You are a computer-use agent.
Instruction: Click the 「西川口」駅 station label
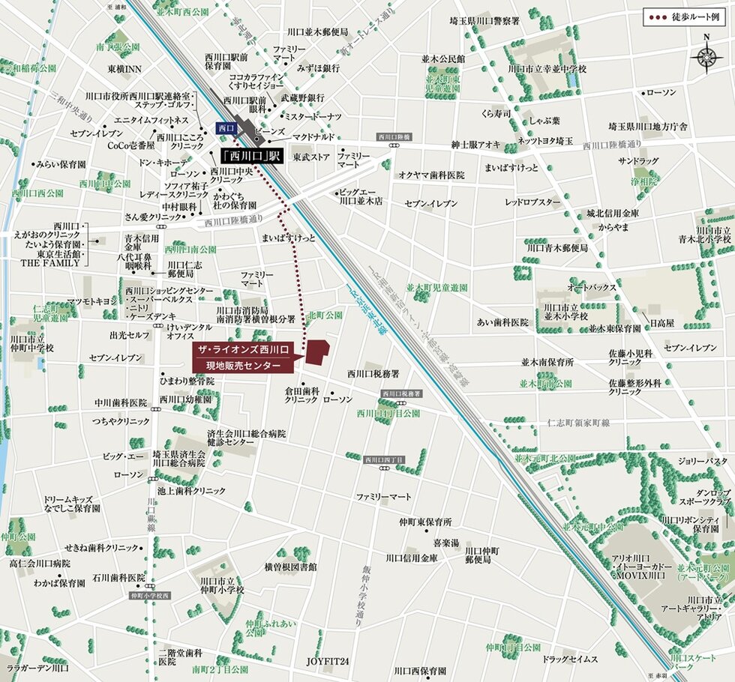point(250,157)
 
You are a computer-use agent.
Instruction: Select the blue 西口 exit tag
point(226,129)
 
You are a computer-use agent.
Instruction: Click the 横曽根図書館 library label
point(290,567)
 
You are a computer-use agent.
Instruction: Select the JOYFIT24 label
point(328,661)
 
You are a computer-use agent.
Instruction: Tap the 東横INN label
point(124,69)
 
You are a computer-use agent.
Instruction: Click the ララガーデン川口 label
point(37,667)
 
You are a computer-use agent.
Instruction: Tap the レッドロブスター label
point(532,202)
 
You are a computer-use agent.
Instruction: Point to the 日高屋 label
point(661,322)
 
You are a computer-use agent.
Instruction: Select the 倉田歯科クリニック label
point(302,395)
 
